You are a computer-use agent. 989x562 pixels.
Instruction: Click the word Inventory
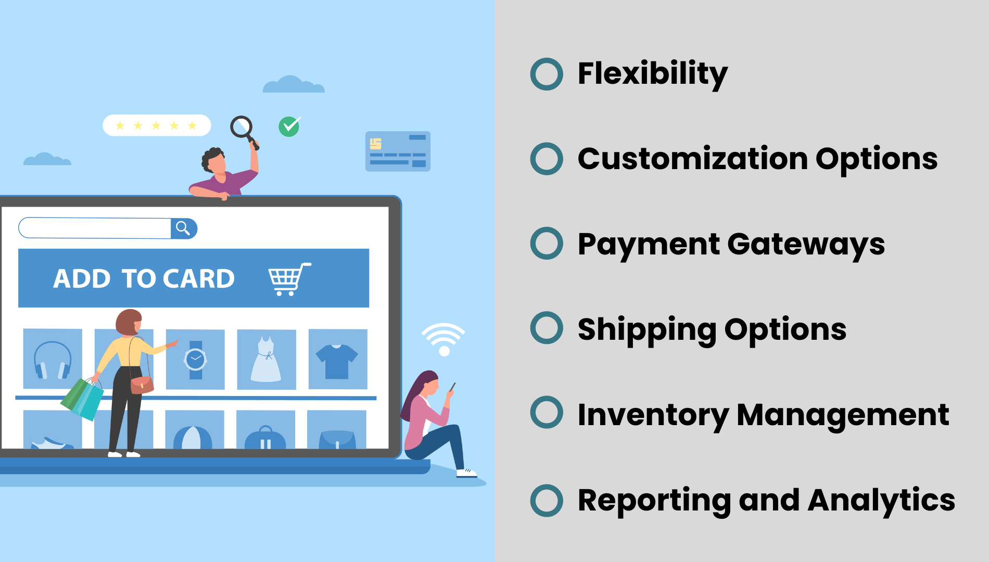(653, 416)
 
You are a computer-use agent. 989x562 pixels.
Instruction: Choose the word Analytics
(881, 501)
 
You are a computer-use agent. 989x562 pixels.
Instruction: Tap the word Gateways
(806, 245)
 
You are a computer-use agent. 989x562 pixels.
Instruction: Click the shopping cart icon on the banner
(289, 279)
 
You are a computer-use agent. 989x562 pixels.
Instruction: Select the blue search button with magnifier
(184, 228)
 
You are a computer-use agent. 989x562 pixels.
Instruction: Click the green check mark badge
(289, 126)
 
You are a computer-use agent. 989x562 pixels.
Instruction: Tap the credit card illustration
(398, 151)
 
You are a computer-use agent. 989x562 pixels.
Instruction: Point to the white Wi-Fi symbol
(443, 338)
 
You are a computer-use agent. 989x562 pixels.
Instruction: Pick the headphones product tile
(53, 359)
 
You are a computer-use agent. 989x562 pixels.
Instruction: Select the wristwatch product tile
(195, 359)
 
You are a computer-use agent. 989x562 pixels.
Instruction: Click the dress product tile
(267, 359)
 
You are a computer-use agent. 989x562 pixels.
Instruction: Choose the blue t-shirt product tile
(338, 359)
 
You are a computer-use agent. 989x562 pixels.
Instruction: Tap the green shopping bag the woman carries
(82, 399)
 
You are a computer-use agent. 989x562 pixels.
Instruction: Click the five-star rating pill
(157, 125)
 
